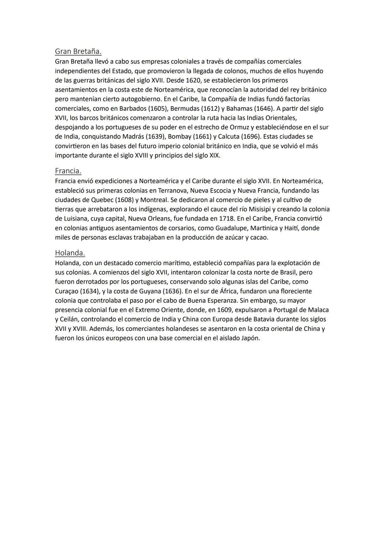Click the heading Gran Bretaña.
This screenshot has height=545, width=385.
point(78,51)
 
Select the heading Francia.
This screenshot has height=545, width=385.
point(68,171)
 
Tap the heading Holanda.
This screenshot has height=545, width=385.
point(70,253)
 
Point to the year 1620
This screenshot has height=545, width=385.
point(193,80)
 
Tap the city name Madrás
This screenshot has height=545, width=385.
point(133,136)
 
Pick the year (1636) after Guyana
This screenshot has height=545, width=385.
point(172,291)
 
